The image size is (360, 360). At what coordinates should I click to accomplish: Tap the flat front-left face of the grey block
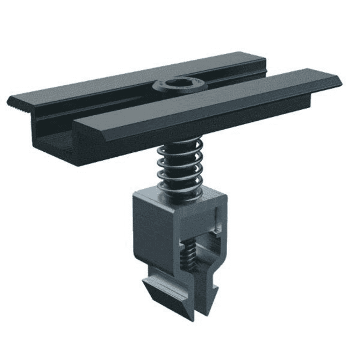pos(153,233)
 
